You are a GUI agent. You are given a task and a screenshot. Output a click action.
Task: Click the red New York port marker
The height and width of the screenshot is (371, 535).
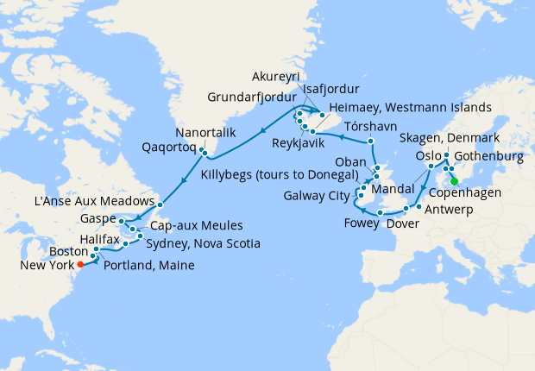80,264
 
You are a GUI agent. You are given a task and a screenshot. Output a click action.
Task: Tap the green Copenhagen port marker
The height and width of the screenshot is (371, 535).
455,181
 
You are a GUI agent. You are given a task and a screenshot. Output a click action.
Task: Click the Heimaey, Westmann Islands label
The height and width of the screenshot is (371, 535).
410,107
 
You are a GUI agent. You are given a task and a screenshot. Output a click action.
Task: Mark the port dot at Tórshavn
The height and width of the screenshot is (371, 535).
370,141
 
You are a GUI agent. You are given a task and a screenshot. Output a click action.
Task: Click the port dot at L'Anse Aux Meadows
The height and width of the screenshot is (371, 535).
160,204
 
